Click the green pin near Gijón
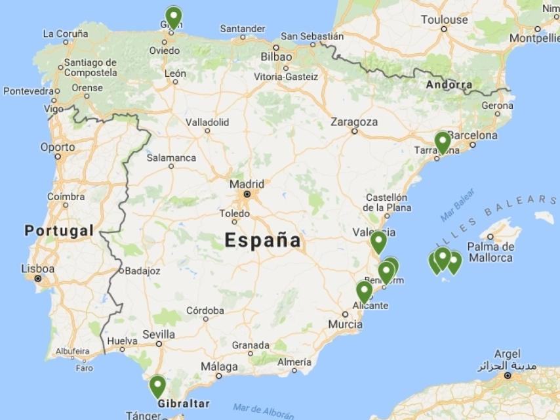point(173,16)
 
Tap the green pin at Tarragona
point(443,141)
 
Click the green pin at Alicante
point(364,290)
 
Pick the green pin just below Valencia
point(378,241)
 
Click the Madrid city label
point(247,184)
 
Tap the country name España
point(263,240)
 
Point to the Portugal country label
point(59,230)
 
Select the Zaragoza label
point(354,121)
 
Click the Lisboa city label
point(38,268)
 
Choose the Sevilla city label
point(158,333)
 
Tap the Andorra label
point(449,85)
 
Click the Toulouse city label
point(445,20)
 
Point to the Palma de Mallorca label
point(490,252)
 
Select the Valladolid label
point(207,121)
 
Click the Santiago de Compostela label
point(90,68)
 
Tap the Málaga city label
point(219,366)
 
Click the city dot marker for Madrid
point(247,194)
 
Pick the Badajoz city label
point(142,270)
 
